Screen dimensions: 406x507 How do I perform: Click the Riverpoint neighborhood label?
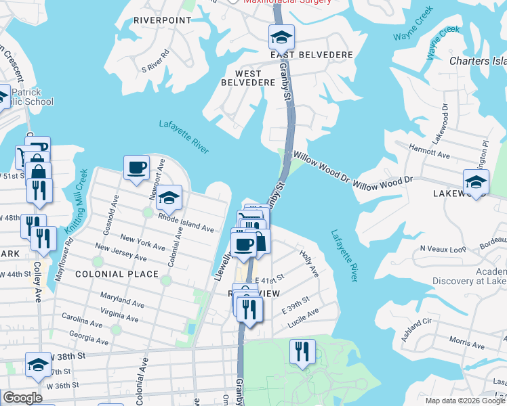pyautogui.click(x=163, y=20)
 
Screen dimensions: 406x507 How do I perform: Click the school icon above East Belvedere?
pyautogui.click(x=281, y=36)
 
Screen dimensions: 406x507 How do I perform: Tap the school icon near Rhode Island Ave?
pyautogui.click(x=169, y=197)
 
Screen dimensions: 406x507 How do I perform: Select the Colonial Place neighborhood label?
pyautogui.click(x=117, y=274)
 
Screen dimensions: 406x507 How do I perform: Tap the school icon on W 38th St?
pyautogui.click(x=38, y=364)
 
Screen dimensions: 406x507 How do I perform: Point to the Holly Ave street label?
pyautogui.click(x=309, y=262)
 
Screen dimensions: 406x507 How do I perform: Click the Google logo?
pyautogui.click(x=23, y=398)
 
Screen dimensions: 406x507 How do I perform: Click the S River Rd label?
pyautogui.click(x=155, y=60)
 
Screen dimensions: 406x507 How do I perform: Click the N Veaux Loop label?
pyautogui.click(x=440, y=249)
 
